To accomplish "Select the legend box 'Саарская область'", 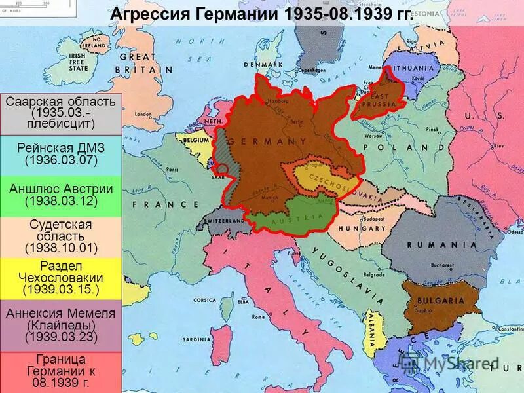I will coord(61,113).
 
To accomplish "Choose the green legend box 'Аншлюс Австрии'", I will coord(61,195).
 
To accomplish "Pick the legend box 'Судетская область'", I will coord(61,236).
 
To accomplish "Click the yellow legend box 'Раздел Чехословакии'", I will coord(61,278).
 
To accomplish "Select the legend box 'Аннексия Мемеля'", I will coord(61,325).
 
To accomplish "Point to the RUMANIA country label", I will coord(442,244).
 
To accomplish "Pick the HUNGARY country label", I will coord(366,229).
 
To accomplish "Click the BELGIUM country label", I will coord(196,140).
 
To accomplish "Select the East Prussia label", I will coord(375,101).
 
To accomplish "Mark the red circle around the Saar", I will coord(223,169).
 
